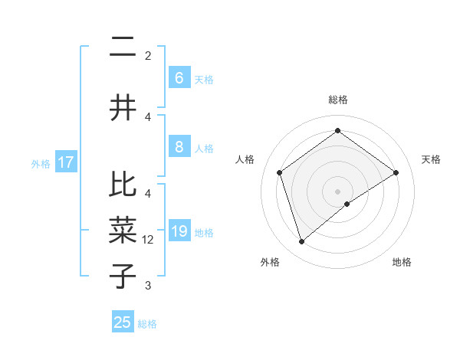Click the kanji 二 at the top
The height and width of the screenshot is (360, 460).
pos(123,48)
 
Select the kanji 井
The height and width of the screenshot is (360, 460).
pos(123,108)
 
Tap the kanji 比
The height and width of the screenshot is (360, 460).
pos(123,185)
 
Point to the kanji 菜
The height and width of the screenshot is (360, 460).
pos(123,230)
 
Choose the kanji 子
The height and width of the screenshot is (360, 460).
pos(123,275)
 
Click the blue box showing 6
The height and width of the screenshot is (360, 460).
pos(179,78)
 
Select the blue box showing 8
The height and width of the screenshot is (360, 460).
pos(179,147)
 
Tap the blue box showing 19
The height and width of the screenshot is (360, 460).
pos(179,231)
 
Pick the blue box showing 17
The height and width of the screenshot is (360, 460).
pos(65,162)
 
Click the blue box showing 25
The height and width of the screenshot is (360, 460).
pos(123,322)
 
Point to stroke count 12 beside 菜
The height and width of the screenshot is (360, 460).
pos(149,240)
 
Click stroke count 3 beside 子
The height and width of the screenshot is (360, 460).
pos(148,286)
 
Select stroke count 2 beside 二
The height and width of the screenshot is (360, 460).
pos(148,56)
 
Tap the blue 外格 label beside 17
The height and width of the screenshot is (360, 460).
pos(40,163)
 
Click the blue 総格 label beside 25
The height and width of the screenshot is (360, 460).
pos(147,323)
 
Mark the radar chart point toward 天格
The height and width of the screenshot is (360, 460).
pos(396,172)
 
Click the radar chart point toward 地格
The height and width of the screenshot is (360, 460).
pos(347,204)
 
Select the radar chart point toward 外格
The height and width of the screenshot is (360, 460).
pos(302,242)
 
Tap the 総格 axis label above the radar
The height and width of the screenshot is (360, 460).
pos(337,100)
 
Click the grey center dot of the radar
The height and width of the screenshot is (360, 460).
pos(337,190)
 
